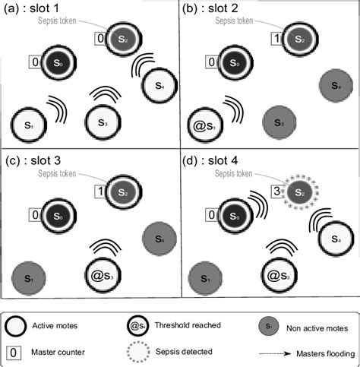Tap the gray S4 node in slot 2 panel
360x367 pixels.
pos(333,83)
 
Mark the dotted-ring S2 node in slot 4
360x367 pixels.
pos(298,196)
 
